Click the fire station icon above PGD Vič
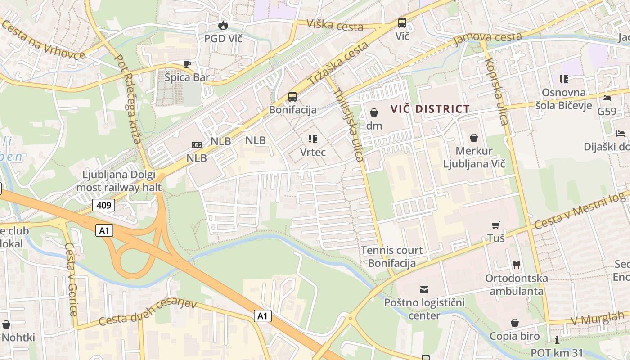(223, 26)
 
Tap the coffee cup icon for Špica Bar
(187, 64)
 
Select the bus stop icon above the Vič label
(402, 23)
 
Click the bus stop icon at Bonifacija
(292, 96)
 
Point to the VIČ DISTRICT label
(430, 109)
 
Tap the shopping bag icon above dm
(373, 112)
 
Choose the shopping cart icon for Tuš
(495, 225)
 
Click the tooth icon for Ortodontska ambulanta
(516, 265)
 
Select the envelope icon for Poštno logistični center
(424, 289)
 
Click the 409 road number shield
(104, 206)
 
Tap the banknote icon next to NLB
(197, 145)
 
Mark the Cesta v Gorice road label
(71, 279)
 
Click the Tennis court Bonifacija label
(391, 256)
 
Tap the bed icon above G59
(607, 98)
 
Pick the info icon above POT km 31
(557, 340)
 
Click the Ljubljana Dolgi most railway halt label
(119, 181)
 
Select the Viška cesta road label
(335, 25)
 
